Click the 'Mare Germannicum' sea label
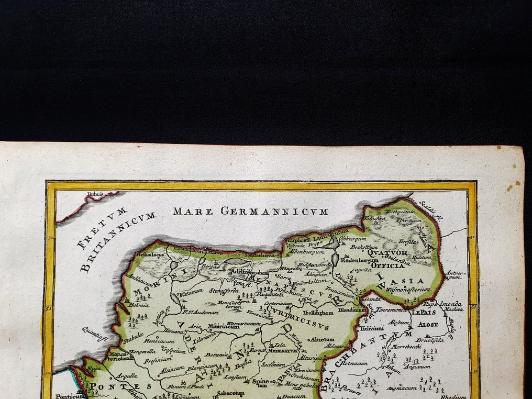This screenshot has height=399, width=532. [x=250, y=212]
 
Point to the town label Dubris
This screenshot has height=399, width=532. [x=95, y=195]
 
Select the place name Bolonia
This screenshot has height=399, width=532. [x=139, y=305]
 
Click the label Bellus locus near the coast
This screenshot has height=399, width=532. [x=150, y=254]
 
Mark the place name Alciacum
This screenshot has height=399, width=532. [x=172, y=369]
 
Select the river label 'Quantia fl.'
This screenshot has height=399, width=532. [x=95, y=334]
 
